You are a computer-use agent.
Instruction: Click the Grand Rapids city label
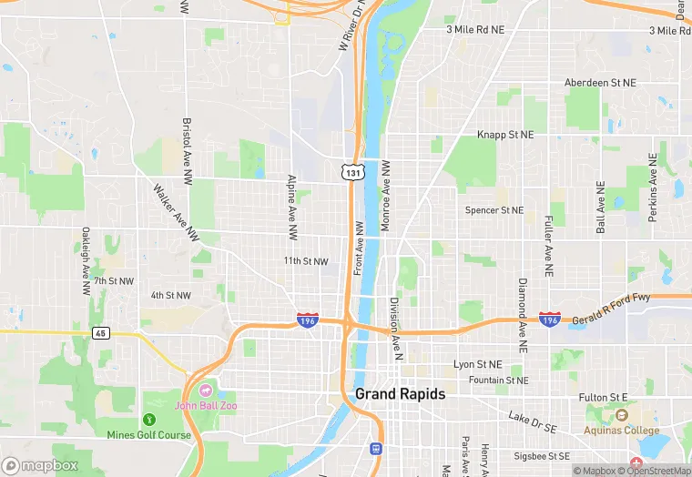tap(400, 394)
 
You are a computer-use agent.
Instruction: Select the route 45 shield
tap(101, 332)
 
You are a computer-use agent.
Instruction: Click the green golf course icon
tap(148, 420)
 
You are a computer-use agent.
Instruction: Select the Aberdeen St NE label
tap(599, 82)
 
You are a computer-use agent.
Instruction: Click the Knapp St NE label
tap(505, 135)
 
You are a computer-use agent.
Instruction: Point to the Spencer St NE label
tap(494, 210)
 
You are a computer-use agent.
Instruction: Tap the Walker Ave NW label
tap(176, 213)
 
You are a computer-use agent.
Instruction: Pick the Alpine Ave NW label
tap(292, 206)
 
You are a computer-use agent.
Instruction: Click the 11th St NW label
tap(305, 261)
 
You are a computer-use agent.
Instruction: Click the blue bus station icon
tap(374, 448)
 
